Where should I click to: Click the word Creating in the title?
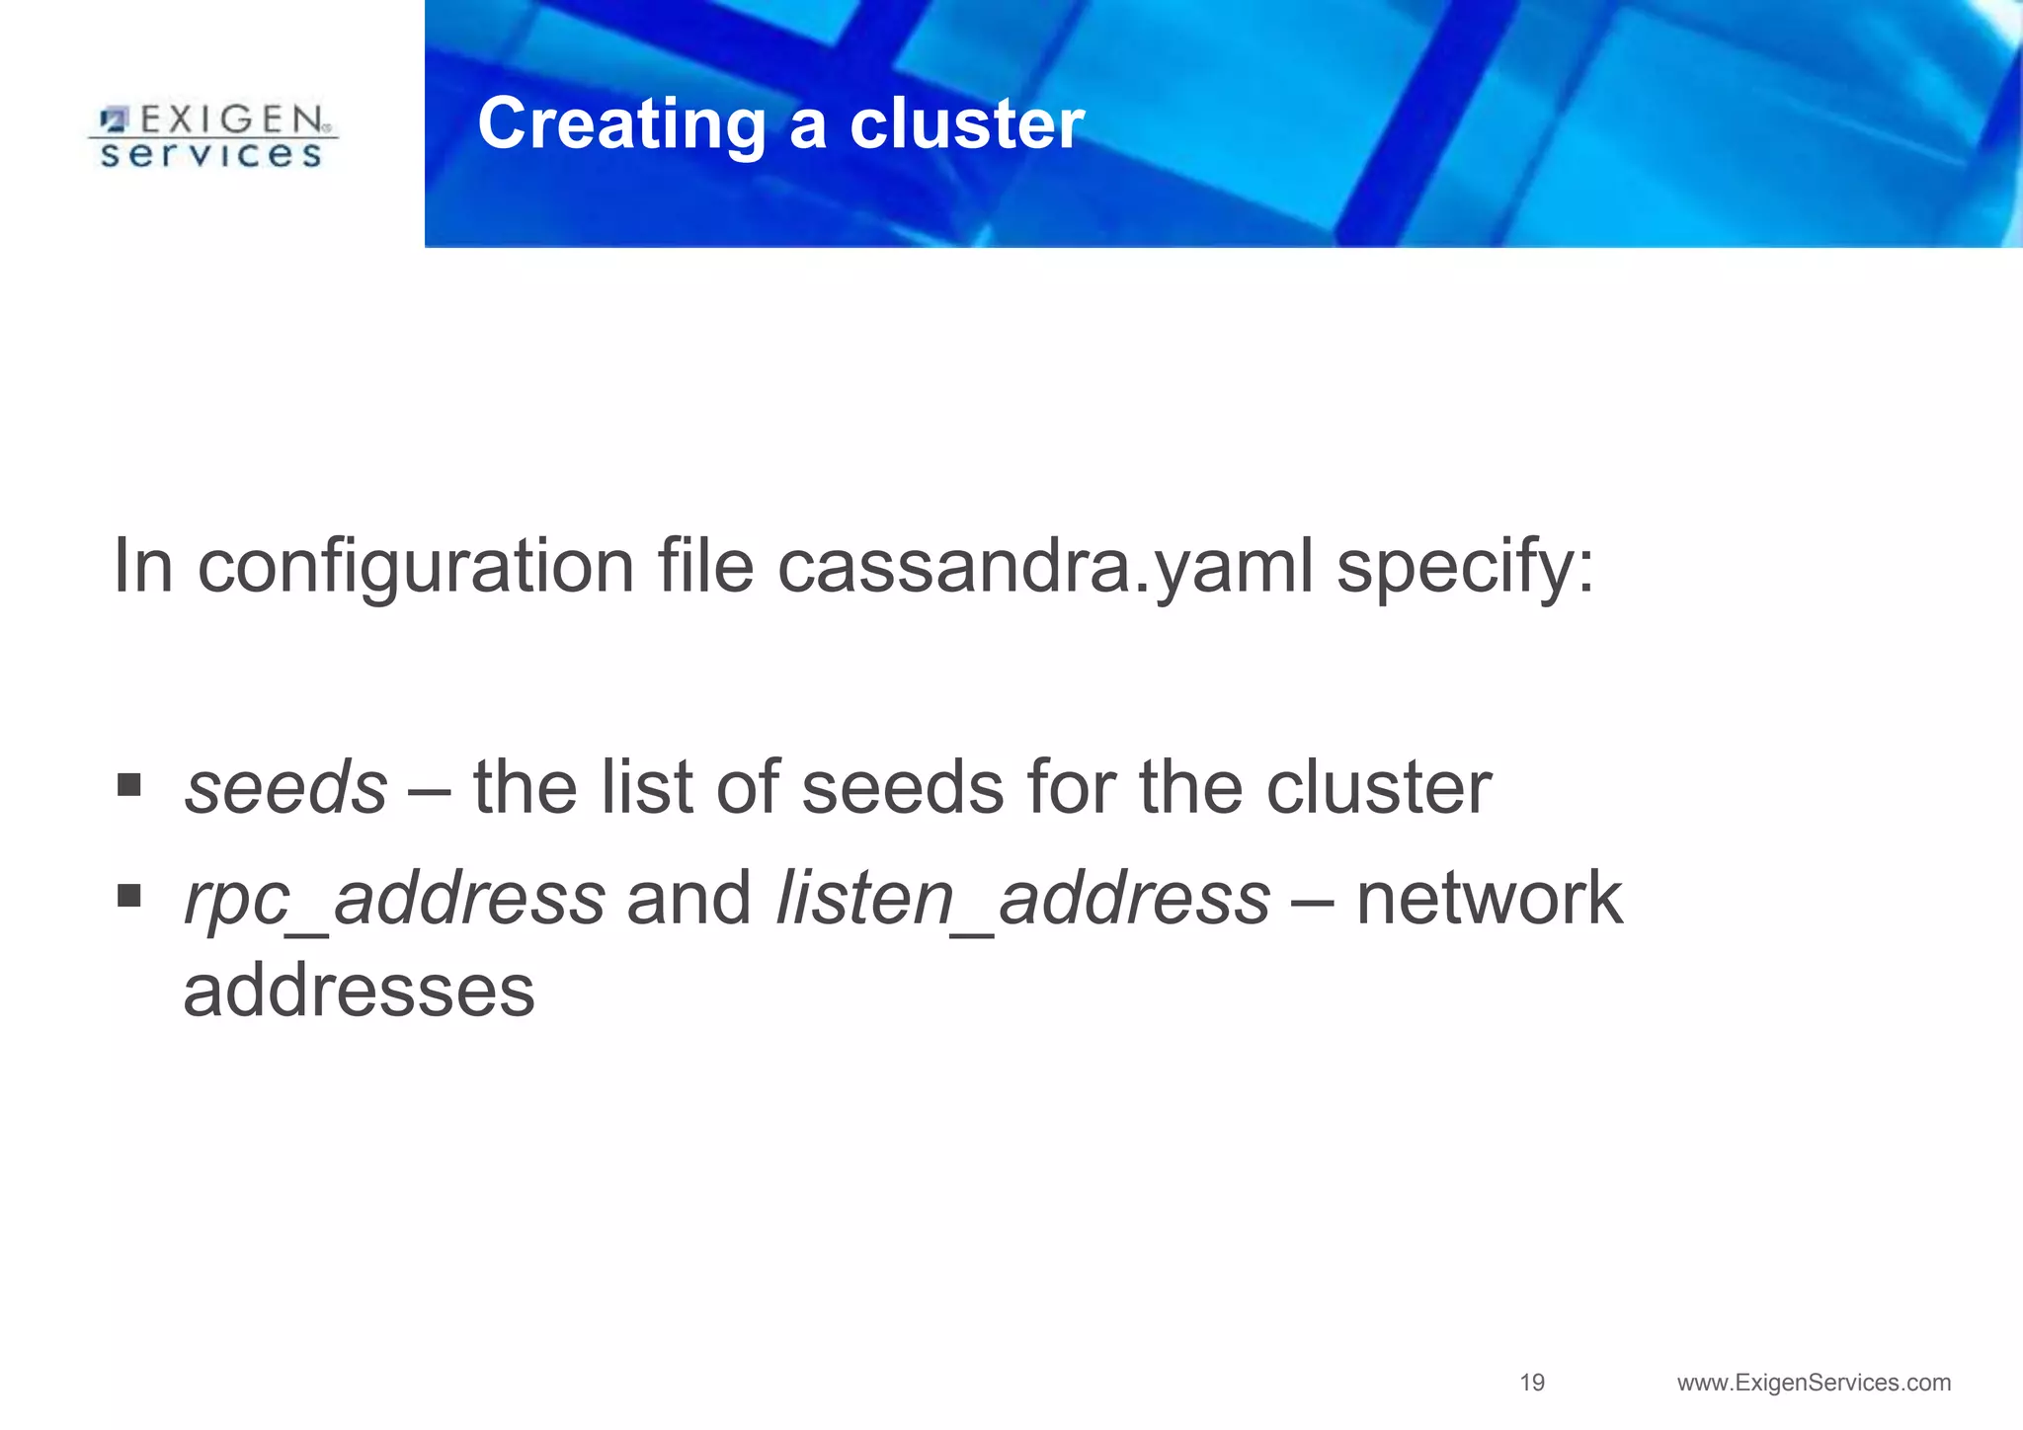tap(621, 125)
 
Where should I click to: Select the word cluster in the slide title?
tap(967, 125)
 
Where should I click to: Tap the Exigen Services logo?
tap(212, 137)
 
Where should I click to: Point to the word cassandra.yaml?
tap(1046, 567)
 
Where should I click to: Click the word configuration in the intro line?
tap(416, 569)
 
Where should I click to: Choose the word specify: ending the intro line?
tap(1465, 569)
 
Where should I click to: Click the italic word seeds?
tap(286, 788)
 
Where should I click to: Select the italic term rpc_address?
tap(394, 900)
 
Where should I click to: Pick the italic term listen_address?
tap(1023, 900)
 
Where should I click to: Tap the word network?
tap(1489, 899)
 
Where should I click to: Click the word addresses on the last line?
tap(359, 992)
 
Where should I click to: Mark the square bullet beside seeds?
tap(128, 785)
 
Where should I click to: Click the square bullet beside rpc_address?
tap(128, 896)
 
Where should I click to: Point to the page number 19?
tap(1532, 1383)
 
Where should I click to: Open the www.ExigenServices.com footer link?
tap(1814, 1383)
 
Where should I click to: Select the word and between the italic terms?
tap(689, 899)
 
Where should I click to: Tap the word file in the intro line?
tap(705, 567)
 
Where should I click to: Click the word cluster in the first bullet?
tap(1379, 788)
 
